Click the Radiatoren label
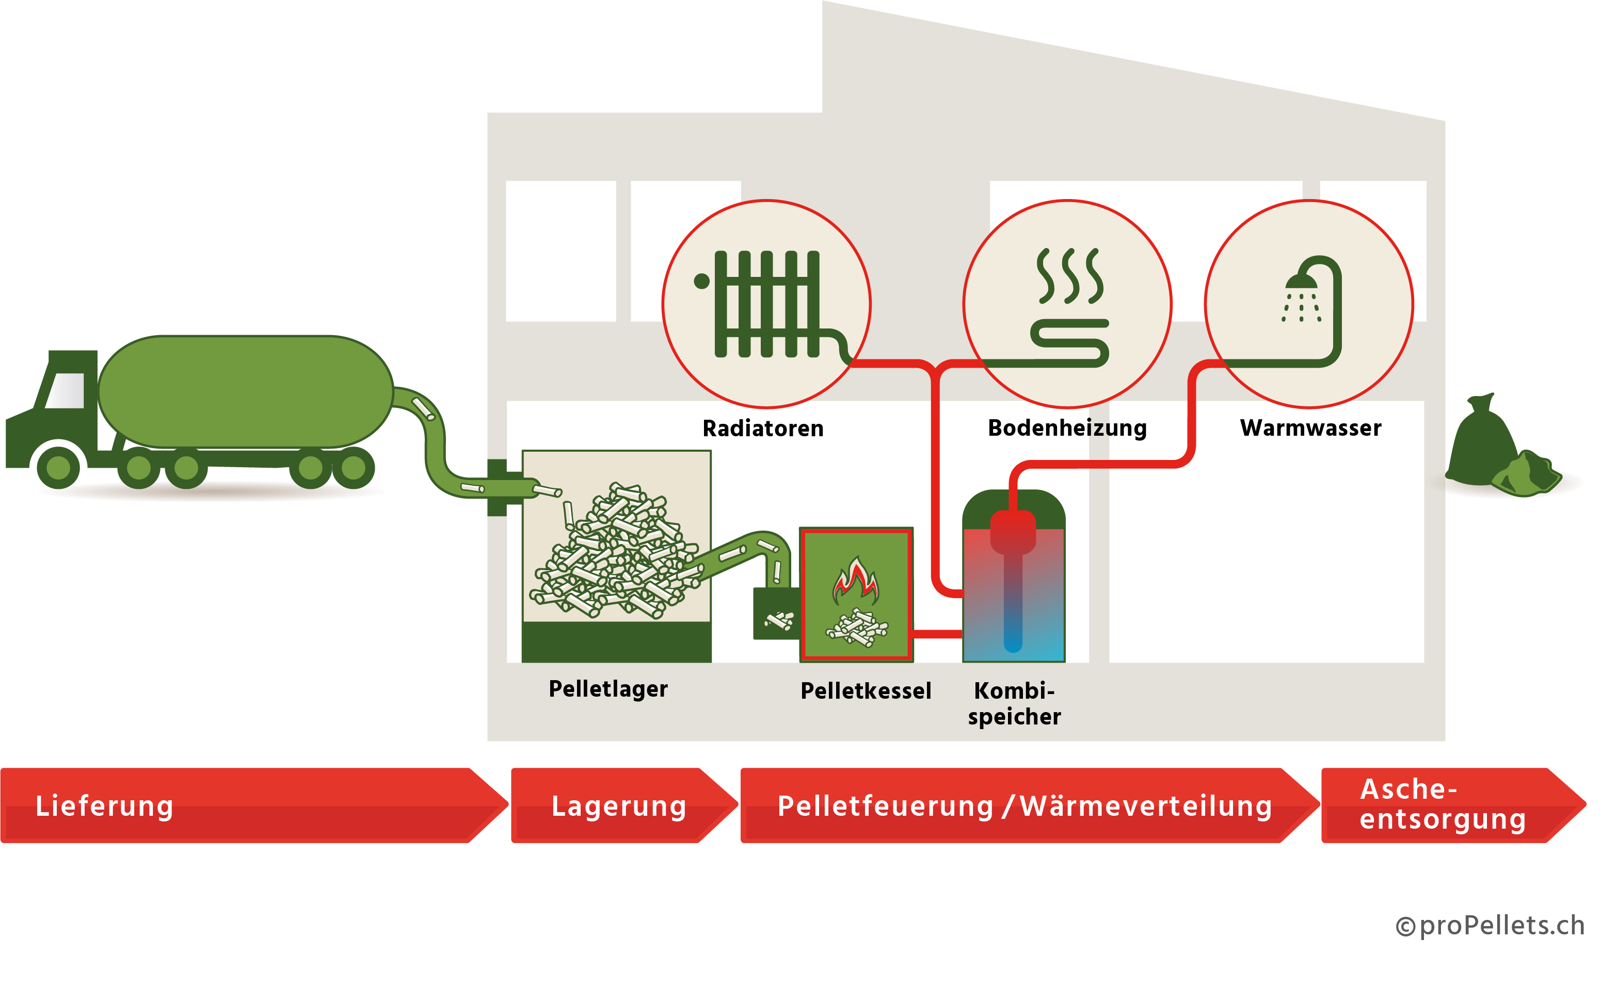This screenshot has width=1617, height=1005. pyautogui.click(x=763, y=429)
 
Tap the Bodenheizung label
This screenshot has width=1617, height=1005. pyautogui.click(x=1067, y=429)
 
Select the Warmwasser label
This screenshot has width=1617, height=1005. pyautogui.click(x=1310, y=428)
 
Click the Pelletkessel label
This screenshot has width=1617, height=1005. pyautogui.click(x=866, y=691)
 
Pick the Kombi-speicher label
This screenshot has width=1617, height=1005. pyautogui.click(x=1014, y=704)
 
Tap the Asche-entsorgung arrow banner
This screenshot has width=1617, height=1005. pyautogui.click(x=1444, y=805)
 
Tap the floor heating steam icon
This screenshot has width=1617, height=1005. pyautogui.click(x=1069, y=276)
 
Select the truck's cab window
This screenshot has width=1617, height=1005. pyautogui.click(x=67, y=390)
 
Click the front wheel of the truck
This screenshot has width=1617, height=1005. pyautogui.click(x=58, y=467)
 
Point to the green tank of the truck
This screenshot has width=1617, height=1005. pyautogui.click(x=246, y=391)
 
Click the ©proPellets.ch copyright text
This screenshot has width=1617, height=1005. pyautogui.click(x=1490, y=926)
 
